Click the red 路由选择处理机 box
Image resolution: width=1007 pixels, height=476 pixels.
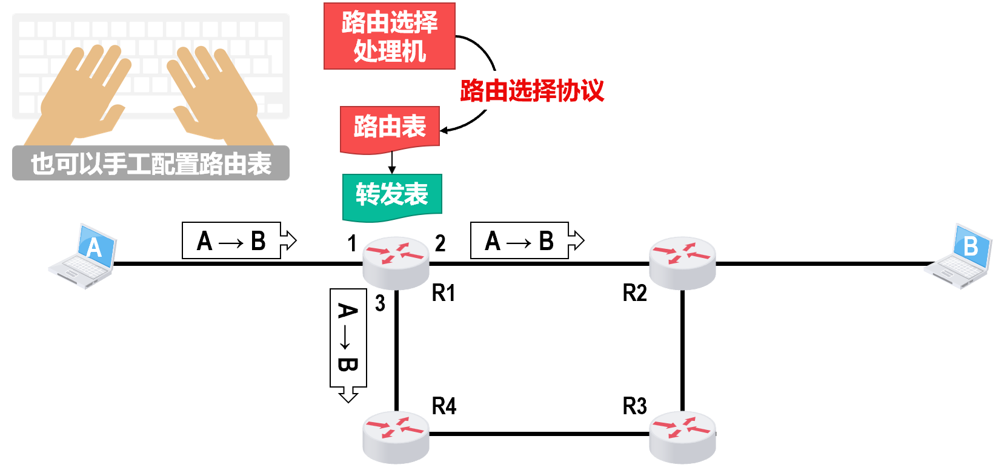tap(389, 36)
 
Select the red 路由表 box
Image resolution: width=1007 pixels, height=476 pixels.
tap(390, 128)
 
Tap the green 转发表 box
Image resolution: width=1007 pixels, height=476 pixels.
tap(391, 196)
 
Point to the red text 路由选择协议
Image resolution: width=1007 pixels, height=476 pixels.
tap(532, 91)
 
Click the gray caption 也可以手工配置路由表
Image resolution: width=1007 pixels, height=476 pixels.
tap(151, 164)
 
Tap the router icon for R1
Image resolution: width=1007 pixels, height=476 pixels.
tap(396, 263)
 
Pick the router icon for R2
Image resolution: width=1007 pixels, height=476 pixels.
tap(682, 263)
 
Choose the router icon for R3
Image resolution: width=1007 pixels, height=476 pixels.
tap(682, 437)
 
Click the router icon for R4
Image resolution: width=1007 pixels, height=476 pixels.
tap(396, 437)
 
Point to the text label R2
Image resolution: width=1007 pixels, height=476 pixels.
tap(634, 293)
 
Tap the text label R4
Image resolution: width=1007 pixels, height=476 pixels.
tap(444, 406)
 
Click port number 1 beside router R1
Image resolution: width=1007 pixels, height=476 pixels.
tap(352, 243)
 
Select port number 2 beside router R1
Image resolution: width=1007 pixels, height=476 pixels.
tap(440, 243)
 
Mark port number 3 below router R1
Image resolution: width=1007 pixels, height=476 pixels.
tap(380, 303)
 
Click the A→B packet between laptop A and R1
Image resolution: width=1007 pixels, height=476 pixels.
tap(232, 241)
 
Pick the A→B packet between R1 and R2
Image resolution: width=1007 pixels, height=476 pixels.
tap(520, 241)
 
